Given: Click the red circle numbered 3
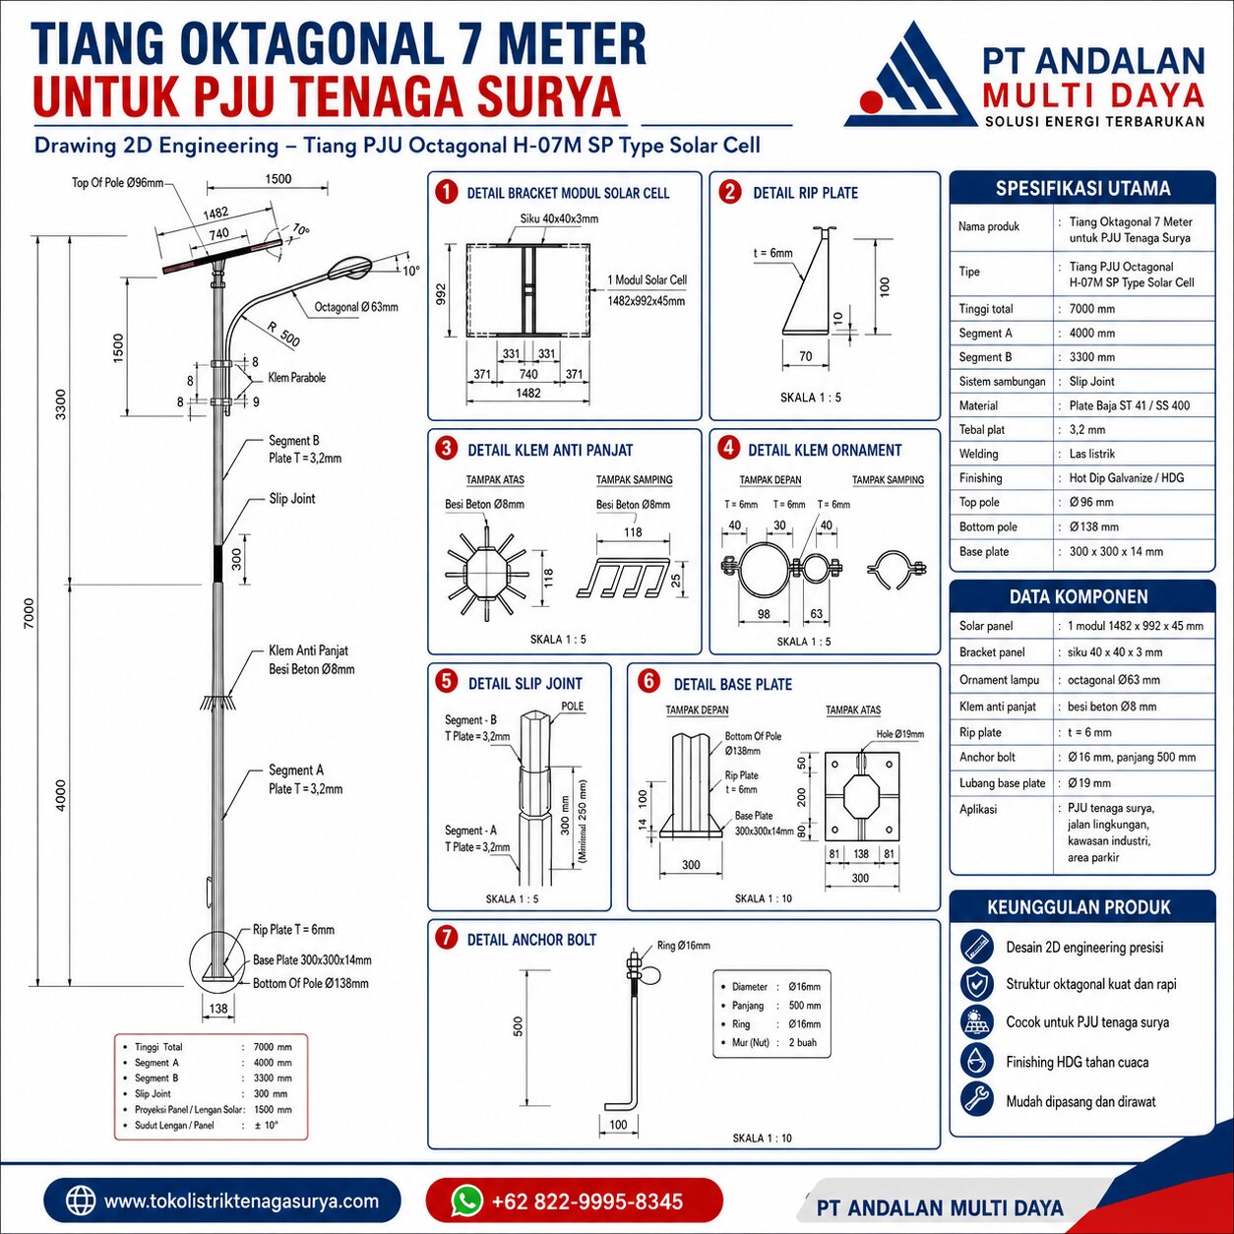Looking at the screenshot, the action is tap(446, 449).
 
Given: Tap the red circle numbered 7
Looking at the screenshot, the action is tap(446, 938).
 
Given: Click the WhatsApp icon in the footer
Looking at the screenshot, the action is tap(466, 1200).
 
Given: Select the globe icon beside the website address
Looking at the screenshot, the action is tap(81, 1201).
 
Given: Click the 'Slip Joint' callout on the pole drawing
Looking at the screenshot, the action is tap(292, 498).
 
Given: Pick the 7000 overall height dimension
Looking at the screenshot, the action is tap(30, 613).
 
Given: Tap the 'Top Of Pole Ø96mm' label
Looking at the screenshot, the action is tap(118, 183).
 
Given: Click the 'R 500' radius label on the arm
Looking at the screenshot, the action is tap(283, 334).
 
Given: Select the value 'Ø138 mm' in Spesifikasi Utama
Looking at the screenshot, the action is tap(1093, 527).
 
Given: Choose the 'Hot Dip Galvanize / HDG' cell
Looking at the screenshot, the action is tap(1127, 477).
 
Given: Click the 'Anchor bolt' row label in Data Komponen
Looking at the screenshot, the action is tap(987, 757).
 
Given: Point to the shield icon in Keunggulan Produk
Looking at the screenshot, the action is tap(977, 984).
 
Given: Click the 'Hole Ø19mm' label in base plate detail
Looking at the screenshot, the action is tap(899, 734).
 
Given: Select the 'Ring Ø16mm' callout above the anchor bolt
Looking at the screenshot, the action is tap(683, 946).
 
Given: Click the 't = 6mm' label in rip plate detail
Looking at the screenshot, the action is tap(772, 253).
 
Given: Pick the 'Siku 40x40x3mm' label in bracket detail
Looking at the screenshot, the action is tap(559, 218).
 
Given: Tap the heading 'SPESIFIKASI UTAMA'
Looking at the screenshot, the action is tap(1082, 188).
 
